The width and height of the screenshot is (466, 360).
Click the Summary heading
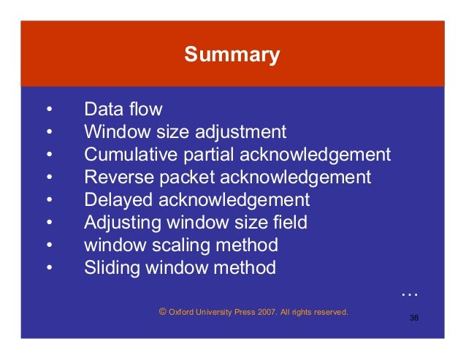point(232,55)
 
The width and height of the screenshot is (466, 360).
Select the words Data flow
point(123,110)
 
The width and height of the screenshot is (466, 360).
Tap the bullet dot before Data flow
point(49,110)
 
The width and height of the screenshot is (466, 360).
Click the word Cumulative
point(125,155)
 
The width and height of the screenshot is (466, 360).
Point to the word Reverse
point(113,177)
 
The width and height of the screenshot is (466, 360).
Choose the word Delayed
point(113,200)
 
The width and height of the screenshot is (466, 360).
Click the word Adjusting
point(118,223)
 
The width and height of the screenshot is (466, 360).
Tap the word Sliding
point(109,268)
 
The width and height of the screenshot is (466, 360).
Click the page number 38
point(414,318)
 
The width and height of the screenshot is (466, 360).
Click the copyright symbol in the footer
point(162,310)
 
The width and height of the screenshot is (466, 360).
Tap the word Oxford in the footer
point(182,312)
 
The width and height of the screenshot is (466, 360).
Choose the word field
point(291,223)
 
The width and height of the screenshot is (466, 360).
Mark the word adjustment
point(240,133)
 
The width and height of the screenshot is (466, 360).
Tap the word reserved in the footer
point(329,312)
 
